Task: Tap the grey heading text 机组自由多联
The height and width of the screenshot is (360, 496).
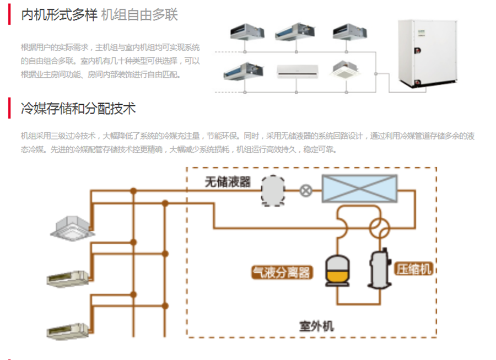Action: click(x=139, y=15)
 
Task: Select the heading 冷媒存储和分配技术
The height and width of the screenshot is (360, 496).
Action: click(x=78, y=108)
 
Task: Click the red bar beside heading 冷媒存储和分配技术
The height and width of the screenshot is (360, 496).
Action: click(x=9, y=108)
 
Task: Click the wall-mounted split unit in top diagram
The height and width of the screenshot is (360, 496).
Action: click(x=298, y=71)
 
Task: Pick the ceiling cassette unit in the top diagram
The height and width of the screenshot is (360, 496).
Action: click(x=347, y=69)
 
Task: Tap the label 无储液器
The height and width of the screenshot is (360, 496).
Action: click(x=228, y=182)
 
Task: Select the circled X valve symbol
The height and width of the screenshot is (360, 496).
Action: click(x=305, y=191)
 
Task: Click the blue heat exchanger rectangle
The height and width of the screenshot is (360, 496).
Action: click(x=359, y=189)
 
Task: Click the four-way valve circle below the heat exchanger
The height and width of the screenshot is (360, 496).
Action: click(x=379, y=226)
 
